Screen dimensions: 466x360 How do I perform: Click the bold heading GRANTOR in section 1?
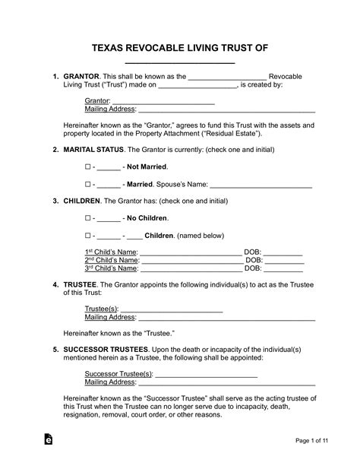pos(81,77)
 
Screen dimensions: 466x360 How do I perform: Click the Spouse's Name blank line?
pos(261,185)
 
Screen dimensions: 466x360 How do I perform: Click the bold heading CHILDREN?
pos(82,201)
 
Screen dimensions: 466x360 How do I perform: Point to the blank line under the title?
pos(179,61)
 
